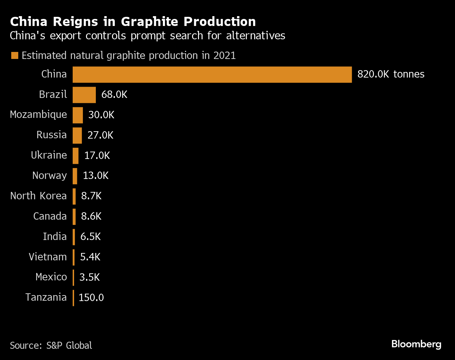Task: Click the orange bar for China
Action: (212, 74)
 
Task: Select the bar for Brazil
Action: (84, 95)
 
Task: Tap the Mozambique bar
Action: (78, 115)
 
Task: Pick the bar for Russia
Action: (77, 135)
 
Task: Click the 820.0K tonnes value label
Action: (391, 74)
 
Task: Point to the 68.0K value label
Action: (114, 95)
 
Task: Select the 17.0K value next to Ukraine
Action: (97, 156)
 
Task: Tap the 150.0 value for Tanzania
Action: (91, 298)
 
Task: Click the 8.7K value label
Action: (91, 196)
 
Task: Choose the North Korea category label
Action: (38, 196)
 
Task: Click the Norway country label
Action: (50, 175)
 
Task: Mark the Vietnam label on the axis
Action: (48, 257)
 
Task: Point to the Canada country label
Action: (50, 216)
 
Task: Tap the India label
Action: (55, 236)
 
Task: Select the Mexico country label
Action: (51, 277)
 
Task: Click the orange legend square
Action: (15, 55)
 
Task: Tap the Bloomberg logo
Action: (416, 344)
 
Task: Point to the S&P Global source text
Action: (69, 346)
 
